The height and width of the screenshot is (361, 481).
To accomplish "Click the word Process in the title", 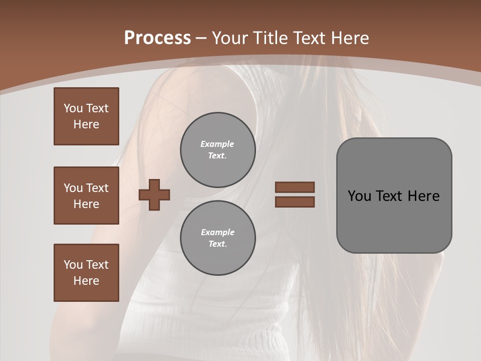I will (x=157, y=38).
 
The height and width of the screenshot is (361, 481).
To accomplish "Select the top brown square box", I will (x=86, y=116).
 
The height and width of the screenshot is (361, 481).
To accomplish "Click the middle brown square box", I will (x=86, y=196).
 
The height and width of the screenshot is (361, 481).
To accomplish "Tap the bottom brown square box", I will (x=86, y=272).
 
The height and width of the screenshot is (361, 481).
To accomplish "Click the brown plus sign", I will (x=154, y=195).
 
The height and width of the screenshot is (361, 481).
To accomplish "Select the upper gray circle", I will (x=217, y=149).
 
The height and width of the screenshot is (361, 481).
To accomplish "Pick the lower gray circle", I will (x=217, y=238).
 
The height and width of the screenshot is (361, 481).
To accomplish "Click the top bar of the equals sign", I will (x=295, y=187).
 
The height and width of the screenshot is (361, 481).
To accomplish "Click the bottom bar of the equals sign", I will (x=295, y=202).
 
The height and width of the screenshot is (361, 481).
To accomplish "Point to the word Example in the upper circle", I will (x=217, y=144).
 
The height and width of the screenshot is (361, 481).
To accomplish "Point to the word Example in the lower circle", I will (x=217, y=232).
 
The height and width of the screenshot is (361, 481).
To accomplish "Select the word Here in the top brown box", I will (x=86, y=124).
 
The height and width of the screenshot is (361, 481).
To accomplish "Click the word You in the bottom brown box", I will (x=73, y=264).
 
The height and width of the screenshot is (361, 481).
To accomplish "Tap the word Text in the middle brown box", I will (x=97, y=188).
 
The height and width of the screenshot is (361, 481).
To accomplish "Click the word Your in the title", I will (x=229, y=38).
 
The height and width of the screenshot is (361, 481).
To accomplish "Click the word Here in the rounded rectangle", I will (x=423, y=196).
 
